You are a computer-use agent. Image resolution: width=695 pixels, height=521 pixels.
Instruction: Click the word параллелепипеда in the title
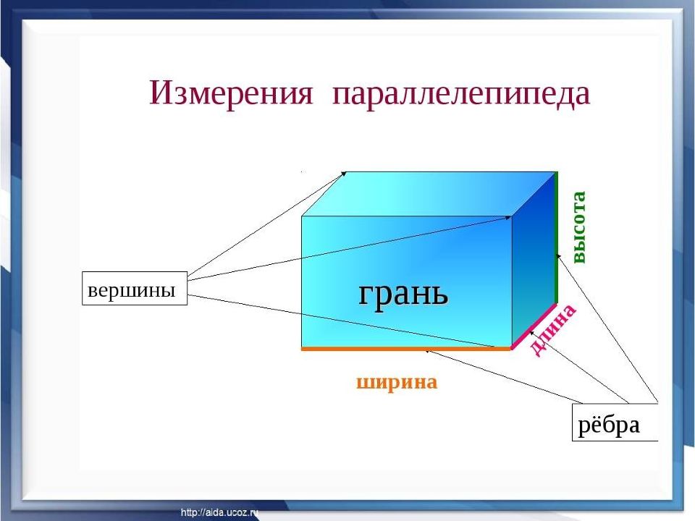[461, 95]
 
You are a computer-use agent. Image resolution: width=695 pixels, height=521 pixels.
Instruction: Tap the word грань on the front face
[403, 293]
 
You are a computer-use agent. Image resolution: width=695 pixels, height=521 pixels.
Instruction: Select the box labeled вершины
[135, 289]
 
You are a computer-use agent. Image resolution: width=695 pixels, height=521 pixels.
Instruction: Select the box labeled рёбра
[615, 422]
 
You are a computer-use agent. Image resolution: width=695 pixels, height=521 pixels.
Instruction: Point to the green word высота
[579, 227]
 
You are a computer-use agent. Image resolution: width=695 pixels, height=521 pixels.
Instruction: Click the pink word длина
[552, 330]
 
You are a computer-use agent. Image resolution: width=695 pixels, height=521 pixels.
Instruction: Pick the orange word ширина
[397, 382]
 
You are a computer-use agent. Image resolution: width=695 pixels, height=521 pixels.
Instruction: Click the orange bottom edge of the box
[406, 349]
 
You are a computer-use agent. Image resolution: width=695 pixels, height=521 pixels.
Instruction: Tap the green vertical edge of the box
[556, 237]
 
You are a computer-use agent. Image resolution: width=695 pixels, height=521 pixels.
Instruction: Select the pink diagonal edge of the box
[534, 326]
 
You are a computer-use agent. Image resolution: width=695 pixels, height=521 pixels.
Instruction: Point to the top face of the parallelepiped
[429, 194]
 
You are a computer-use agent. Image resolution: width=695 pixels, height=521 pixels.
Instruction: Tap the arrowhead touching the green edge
[560, 257]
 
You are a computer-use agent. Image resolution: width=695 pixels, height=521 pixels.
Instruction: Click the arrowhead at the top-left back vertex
[345, 173]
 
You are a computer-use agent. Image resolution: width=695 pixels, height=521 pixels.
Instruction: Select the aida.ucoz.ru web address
[219, 512]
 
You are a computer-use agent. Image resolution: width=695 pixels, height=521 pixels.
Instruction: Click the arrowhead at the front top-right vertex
[508, 217]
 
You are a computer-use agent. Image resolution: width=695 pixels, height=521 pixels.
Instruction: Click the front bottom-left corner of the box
[302, 349]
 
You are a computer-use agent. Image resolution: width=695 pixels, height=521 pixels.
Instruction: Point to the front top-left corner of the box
[302, 216]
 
